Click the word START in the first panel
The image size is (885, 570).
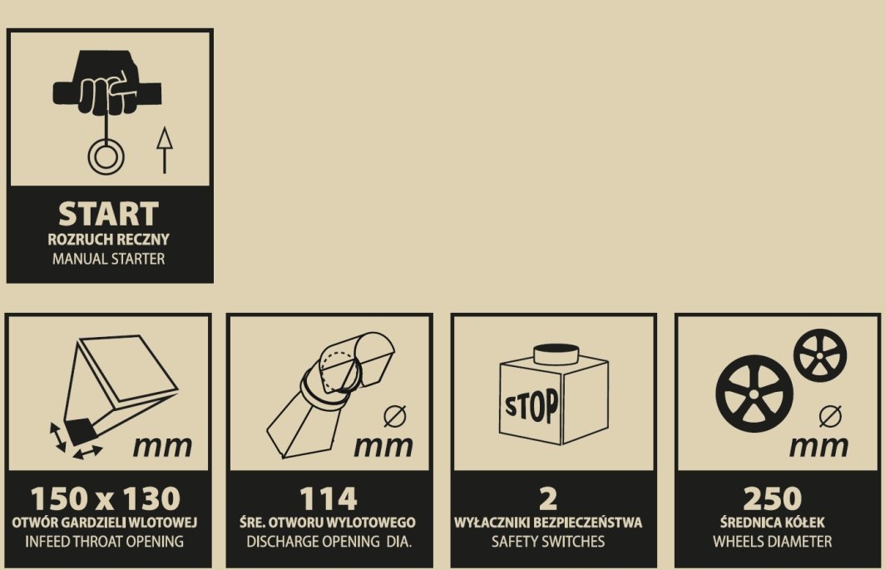pyautogui.click(x=108, y=214)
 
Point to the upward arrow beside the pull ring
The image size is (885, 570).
pyautogui.click(x=164, y=151)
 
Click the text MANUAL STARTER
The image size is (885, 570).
pyautogui.click(x=108, y=259)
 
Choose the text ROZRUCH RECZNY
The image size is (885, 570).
pyautogui.click(x=108, y=239)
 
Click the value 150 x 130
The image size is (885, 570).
pyautogui.click(x=106, y=498)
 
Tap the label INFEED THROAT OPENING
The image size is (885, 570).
pyautogui.click(x=105, y=541)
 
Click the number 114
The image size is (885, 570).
pyautogui.click(x=329, y=498)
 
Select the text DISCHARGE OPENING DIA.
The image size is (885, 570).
pyautogui.click(x=329, y=541)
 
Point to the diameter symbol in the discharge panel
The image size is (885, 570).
pyautogui.click(x=394, y=416)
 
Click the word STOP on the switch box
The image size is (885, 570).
pyautogui.click(x=531, y=404)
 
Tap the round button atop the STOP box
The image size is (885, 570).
pyautogui.click(x=556, y=354)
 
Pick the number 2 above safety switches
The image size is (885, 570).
pyautogui.click(x=548, y=498)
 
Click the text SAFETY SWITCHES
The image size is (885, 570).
pyautogui.click(x=548, y=541)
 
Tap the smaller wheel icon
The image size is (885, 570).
pyautogui.click(x=820, y=356)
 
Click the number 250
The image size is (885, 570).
pyautogui.click(x=772, y=498)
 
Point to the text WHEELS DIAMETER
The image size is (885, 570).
pyautogui.click(x=772, y=541)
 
